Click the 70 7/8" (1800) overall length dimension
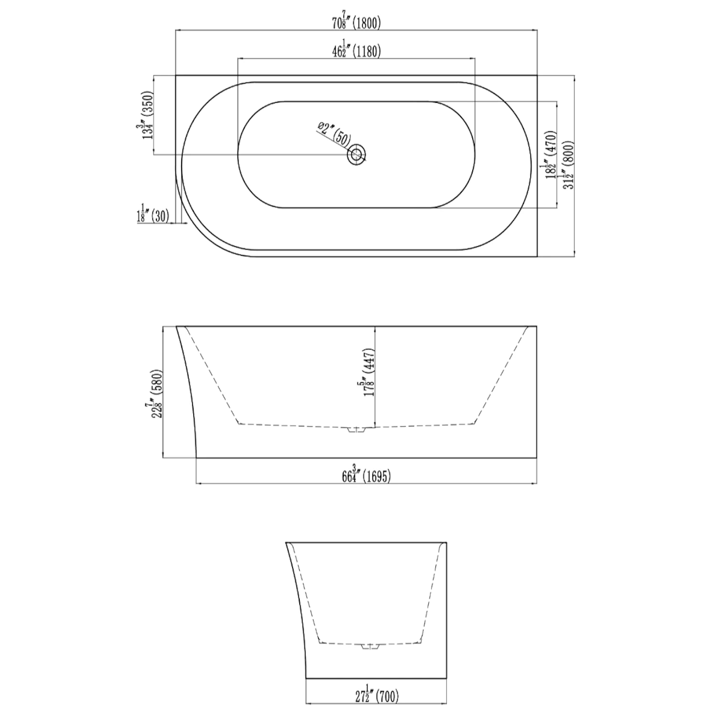point(357,21)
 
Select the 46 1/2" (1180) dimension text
point(357,49)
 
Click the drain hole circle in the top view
point(356,154)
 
